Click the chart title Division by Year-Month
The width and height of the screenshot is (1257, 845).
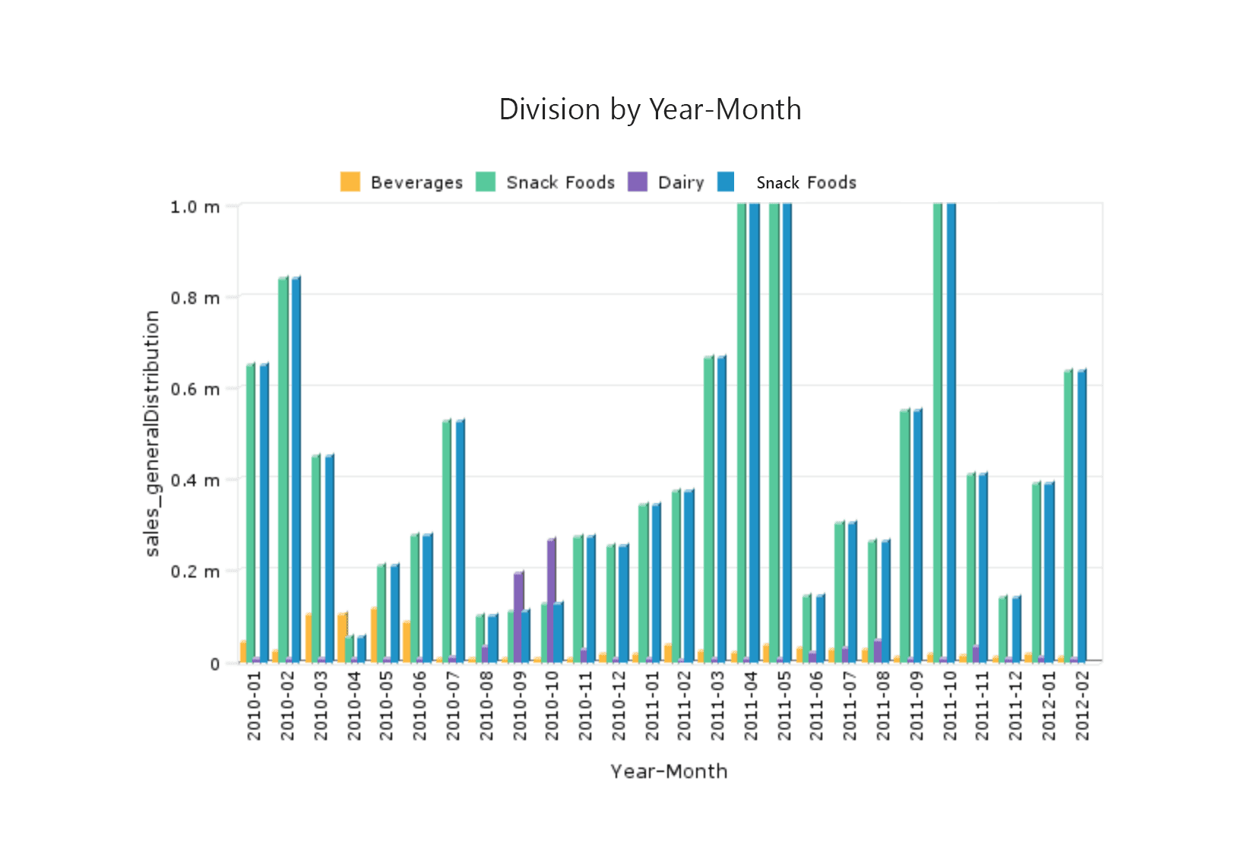(x=650, y=109)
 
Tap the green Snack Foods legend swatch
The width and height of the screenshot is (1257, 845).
(x=486, y=182)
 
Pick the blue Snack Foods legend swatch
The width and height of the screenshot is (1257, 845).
(x=727, y=182)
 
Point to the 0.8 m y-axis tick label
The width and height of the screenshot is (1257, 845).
(x=195, y=298)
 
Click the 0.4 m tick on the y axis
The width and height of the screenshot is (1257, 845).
(x=195, y=480)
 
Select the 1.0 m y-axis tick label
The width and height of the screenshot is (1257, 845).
(x=195, y=207)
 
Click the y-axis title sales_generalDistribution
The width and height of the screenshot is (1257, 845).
(x=152, y=433)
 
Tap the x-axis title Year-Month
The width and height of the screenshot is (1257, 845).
(x=669, y=771)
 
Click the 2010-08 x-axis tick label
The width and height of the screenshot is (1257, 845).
(x=486, y=705)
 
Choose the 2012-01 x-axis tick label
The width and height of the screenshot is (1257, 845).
(x=1049, y=705)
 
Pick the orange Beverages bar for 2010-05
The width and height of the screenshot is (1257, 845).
(x=373, y=635)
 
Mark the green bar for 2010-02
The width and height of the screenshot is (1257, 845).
(x=283, y=471)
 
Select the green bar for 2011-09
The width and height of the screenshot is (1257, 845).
(x=904, y=536)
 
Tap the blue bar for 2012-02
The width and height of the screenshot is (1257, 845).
(x=1081, y=517)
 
